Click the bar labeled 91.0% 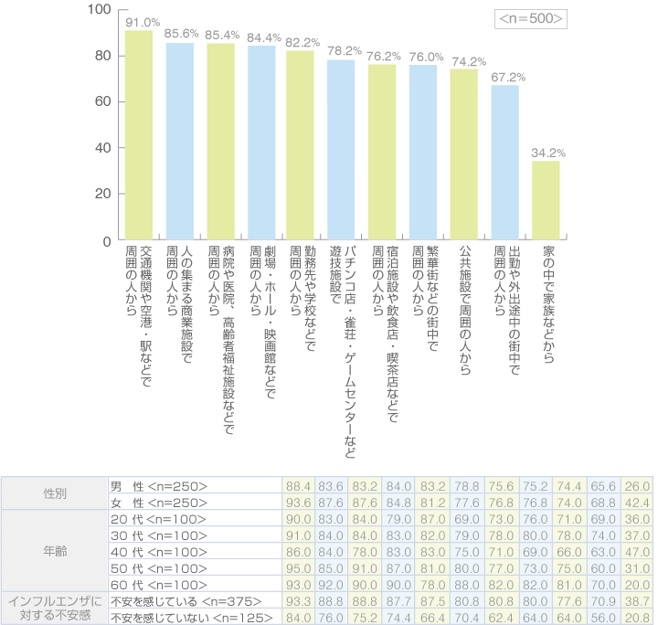coord(139,135)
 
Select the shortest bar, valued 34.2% coord(546,200)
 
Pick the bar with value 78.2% coord(341,150)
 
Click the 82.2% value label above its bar coord(303,43)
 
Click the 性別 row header coord(55,493)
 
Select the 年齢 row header coord(55,552)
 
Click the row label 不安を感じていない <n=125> coord(184,617)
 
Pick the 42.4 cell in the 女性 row coord(638,502)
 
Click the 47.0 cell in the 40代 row coord(638,552)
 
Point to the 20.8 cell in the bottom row coord(638,617)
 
